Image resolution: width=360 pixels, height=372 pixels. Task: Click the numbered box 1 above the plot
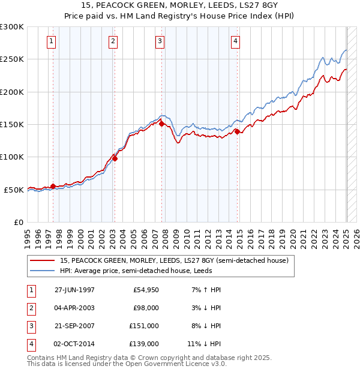[x=52, y=41]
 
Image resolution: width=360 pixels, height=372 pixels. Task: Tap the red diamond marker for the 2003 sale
[x=115, y=158]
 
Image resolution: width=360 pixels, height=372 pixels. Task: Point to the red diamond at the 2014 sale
[x=237, y=131]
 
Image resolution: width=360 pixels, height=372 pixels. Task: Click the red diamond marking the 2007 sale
[x=162, y=124]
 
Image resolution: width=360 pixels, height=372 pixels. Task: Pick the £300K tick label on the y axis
[x=12, y=27]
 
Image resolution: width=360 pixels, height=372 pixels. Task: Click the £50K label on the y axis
[x=14, y=190]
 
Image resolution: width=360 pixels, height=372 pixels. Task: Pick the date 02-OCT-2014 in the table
[x=75, y=344]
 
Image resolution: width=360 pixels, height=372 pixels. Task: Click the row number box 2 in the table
[x=30, y=308]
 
